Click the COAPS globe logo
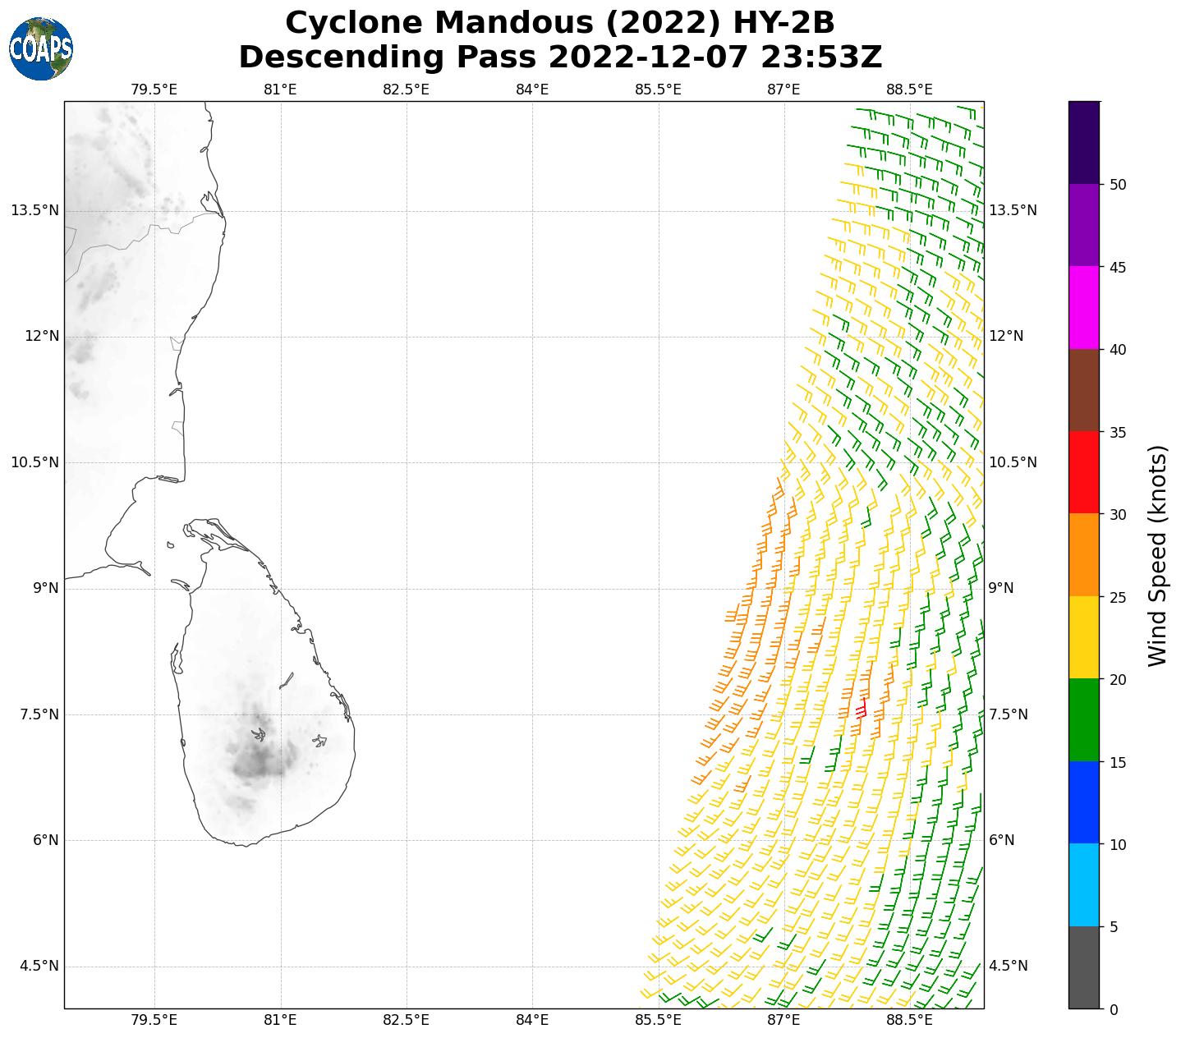pos(41,48)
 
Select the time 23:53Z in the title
pos(821,57)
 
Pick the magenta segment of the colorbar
pos(1084,308)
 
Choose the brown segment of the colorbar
pos(1084,390)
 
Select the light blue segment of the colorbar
pos(1084,885)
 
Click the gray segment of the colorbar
pos(1084,967)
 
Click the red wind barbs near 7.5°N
pos(860,710)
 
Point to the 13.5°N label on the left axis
pos(34,210)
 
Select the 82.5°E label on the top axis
pos(406,90)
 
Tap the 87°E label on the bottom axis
pos(784,1021)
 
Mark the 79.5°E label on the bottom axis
pos(154,1021)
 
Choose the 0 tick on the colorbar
pos(1114,1009)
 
